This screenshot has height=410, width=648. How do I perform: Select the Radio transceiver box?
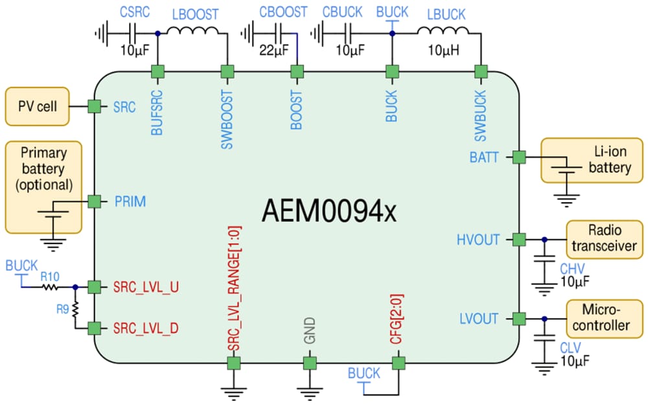click(605, 239)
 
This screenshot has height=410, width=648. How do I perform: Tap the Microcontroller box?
click(605, 318)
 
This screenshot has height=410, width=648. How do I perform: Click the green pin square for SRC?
click(95, 107)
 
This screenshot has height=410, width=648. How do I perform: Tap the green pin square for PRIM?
click(95, 201)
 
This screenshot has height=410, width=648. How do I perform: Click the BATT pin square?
click(518, 157)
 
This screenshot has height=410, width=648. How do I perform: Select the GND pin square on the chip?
click(310, 363)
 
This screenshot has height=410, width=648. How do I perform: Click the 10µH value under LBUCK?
click(443, 49)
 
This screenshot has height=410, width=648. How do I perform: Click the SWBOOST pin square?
click(227, 71)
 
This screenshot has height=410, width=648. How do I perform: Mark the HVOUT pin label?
click(478, 240)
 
